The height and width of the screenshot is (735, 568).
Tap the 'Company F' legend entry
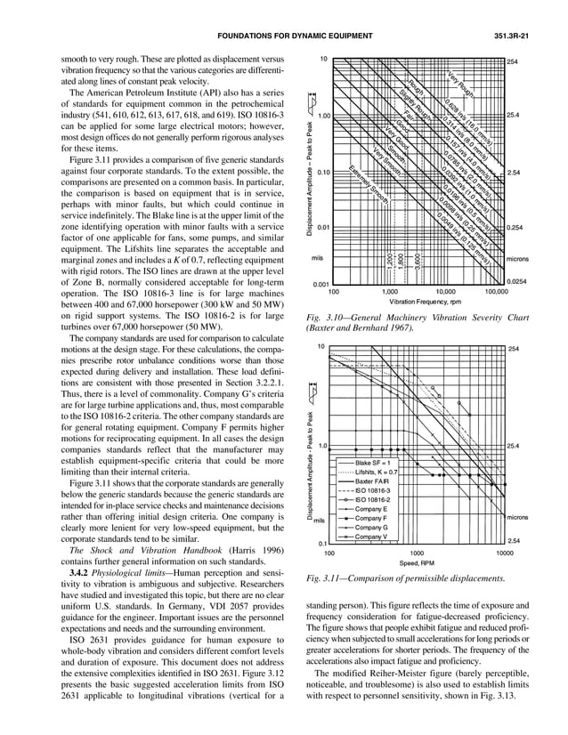pos(372,518)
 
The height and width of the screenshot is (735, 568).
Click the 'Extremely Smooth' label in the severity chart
pos(366,182)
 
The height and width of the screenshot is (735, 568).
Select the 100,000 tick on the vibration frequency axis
pos(496,291)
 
